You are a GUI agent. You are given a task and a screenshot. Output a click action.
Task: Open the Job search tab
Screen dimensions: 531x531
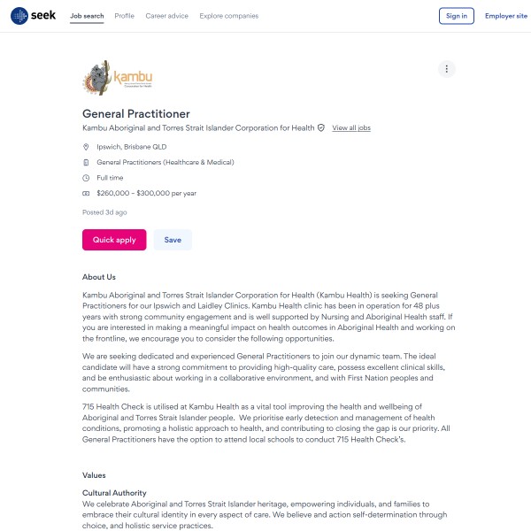87,16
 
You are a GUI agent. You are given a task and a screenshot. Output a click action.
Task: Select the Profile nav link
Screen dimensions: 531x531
125,16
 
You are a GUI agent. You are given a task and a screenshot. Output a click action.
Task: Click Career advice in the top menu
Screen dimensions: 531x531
167,16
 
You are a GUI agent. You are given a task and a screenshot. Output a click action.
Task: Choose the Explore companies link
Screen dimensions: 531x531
229,16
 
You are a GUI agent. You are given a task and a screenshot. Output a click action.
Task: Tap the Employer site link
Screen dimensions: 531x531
506,16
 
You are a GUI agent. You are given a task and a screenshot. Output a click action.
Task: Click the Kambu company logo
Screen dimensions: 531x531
118,78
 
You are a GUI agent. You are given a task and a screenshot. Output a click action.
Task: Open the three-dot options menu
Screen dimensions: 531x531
447,69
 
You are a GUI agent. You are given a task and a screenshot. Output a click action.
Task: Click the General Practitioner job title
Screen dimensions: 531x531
136,113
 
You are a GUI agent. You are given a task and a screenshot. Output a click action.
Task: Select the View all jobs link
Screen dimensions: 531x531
351,128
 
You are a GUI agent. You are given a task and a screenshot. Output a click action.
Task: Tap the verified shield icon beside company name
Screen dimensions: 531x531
321,128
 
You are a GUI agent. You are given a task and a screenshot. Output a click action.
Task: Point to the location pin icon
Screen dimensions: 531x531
86,147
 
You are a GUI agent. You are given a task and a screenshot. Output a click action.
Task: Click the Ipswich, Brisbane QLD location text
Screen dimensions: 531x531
131,147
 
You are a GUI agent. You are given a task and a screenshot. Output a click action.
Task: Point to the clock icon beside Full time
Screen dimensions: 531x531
86,178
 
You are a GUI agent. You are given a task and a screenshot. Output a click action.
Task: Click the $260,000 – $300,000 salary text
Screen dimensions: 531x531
146,193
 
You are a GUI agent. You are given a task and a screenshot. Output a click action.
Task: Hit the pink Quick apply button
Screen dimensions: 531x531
114,240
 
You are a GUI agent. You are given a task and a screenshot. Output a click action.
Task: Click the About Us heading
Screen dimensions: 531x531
99,277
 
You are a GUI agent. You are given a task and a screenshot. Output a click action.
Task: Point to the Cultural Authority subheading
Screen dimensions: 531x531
114,493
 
